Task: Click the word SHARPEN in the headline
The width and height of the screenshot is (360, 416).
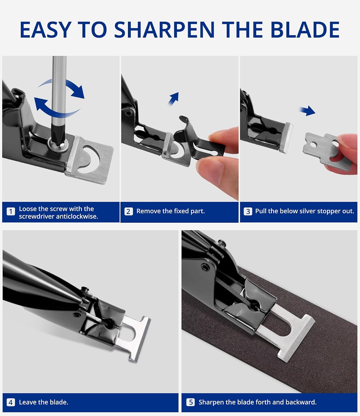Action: [164, 30]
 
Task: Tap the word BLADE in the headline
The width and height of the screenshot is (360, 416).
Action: [305, 30]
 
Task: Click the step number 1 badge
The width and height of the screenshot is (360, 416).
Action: [11, 212]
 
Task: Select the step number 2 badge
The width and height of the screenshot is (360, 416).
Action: [129, 211]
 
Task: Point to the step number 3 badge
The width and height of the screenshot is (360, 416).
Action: [248, 211]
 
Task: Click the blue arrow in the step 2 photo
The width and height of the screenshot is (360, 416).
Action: [173, 99]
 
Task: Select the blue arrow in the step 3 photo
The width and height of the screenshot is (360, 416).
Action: [308, 111]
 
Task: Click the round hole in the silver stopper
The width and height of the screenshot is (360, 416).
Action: [313, 144]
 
